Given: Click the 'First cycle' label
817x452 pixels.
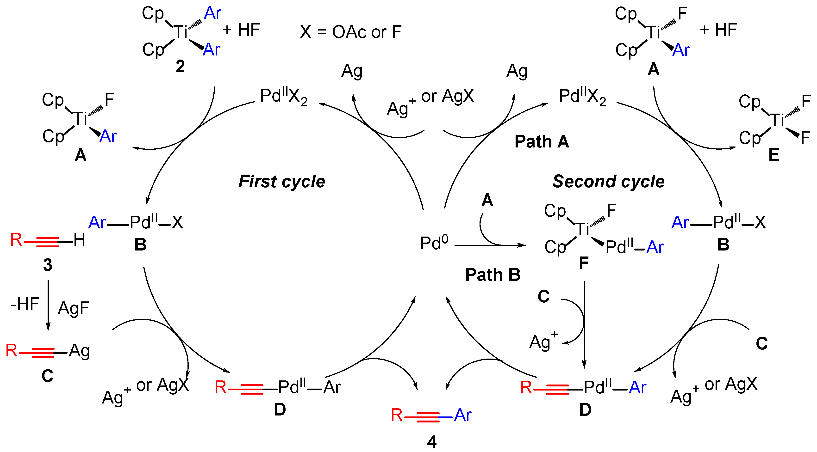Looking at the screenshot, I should [x=282, y=182].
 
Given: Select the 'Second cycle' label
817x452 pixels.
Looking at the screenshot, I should [x=608, y=182].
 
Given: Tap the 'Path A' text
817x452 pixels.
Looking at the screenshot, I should [x=542, y=141].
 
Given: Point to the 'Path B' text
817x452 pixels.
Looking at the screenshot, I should [x=493, y=275].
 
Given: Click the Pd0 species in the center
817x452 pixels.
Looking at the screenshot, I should [x=434, y=243].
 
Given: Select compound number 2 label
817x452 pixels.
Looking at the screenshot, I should [x=180, y=67].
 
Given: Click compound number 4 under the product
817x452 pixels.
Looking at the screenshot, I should [x=432, y=441].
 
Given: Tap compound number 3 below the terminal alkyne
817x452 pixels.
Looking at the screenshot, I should [x=48, y=265].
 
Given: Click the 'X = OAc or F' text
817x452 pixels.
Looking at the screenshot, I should [x=351, y=32].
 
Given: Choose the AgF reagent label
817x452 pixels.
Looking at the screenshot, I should [x=74, y=308].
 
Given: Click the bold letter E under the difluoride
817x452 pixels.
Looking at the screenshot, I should [x=774, y=155].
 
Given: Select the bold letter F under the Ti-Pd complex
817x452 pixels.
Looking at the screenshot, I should [x=584, y=263].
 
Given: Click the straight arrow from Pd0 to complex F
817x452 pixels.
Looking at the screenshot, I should [x=490, y=245].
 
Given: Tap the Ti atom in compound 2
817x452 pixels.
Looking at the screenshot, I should [x=181, y=32].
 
